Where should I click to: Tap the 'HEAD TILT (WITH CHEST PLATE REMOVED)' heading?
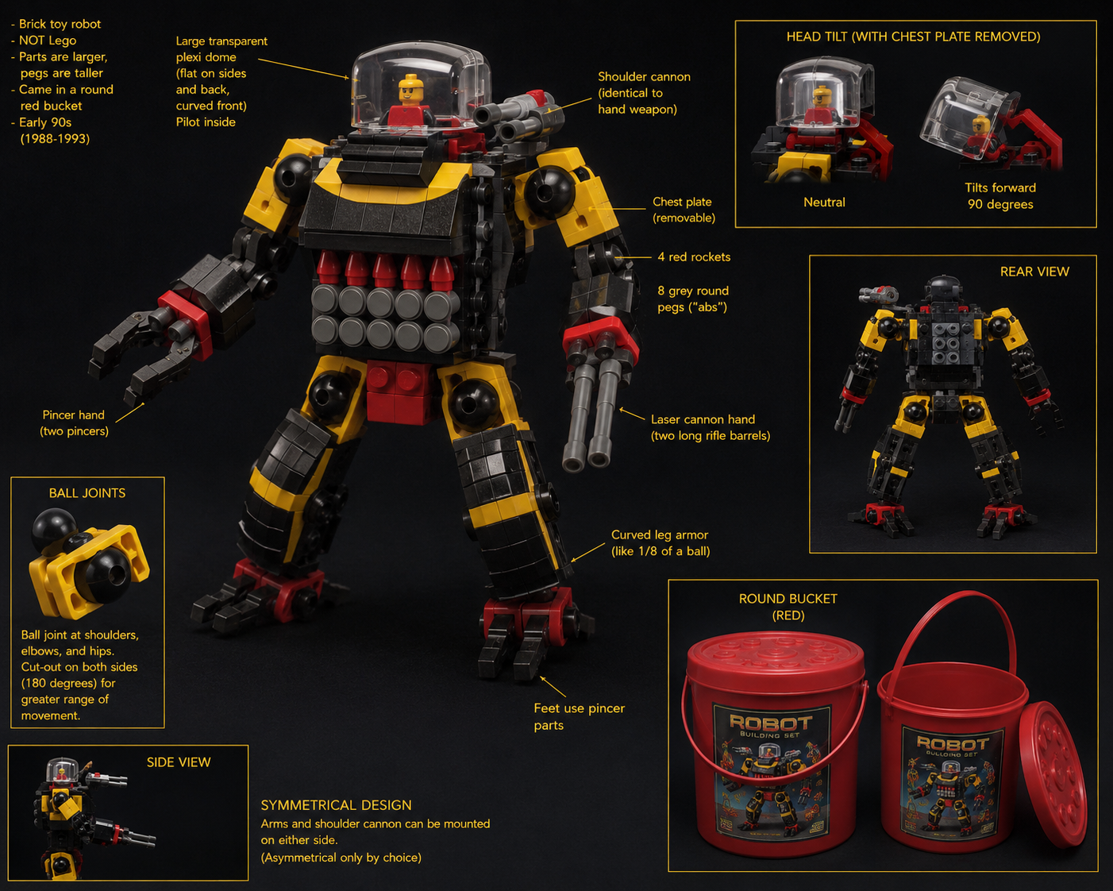pyautogui.click(x=914, y=37)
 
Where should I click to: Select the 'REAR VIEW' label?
pyautogui.click(x=1034, y=272)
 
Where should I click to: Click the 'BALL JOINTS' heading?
pyautogui.click(x=87, y=493)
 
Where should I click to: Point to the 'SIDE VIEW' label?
pyautogui.click(x=179, y=762)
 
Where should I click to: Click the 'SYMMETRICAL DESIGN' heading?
pyautogui.click(x=336, y=805)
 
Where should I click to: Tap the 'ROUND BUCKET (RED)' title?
pyautogui.click(x=788, y=607)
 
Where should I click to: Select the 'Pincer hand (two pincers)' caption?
pyautogui.click(x=74, y=422)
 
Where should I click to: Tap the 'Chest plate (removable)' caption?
pyautogui.click(x=684, y=210)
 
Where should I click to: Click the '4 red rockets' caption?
pyautogui.click(x=694, y=256)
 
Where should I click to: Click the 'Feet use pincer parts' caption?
pyautogui.click(x=580, y=716)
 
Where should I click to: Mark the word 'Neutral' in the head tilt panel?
pyautogui.click(x=824, y=202)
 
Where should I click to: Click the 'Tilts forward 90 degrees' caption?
pyautogui.click(x=1000, y=195)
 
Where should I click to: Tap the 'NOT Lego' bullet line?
pyautogui.click(x=44, y=40)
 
